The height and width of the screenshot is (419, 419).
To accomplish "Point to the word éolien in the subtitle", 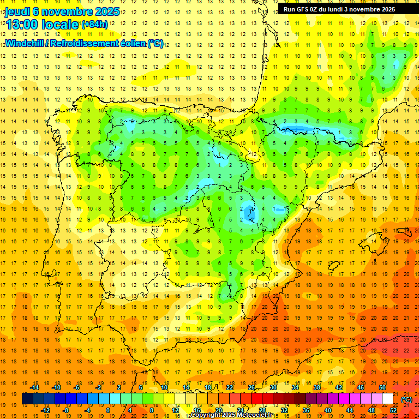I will point(129,43).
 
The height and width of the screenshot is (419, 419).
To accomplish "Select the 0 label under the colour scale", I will point(107,410).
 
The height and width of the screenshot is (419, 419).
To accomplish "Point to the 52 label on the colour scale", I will point(393,410).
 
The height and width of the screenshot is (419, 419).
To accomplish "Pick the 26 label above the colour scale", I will point(252,387).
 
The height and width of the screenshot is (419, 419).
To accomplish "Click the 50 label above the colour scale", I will point(382,387).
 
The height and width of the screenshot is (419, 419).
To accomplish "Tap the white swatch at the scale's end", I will point(387,399).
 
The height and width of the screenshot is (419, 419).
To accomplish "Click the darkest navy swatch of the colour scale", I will point(27,399).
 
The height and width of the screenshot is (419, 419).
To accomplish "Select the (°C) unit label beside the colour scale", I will point(406,399).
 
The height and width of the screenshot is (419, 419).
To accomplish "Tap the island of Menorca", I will point(405,231).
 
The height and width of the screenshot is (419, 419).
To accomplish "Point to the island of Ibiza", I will point(334,265).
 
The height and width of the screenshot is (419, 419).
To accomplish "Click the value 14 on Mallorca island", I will point(373,241).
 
